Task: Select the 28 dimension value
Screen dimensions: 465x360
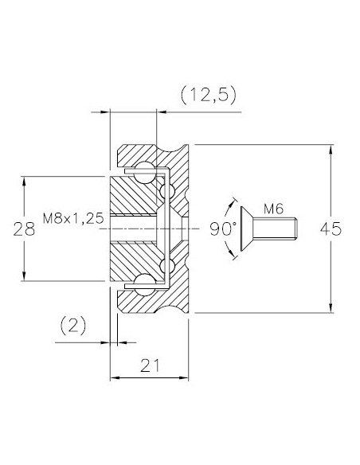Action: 25,229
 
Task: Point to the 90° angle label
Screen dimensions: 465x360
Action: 224,228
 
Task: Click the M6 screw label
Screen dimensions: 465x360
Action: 274,209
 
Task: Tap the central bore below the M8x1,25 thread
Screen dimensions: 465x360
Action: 135,229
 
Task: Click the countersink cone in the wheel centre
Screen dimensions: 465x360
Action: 172,228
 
